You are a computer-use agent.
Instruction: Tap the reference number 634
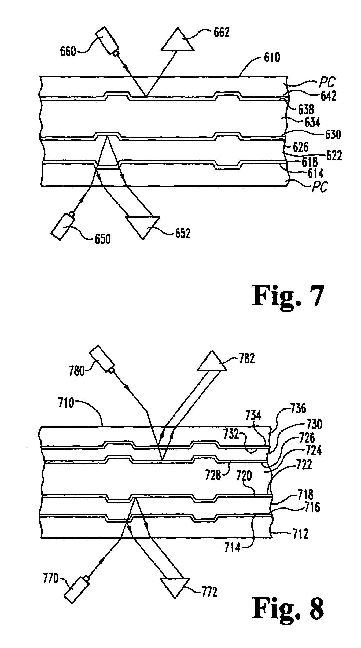[312, 122]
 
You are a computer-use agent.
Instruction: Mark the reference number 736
[298, 409]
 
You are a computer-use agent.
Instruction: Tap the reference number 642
[328, 96]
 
